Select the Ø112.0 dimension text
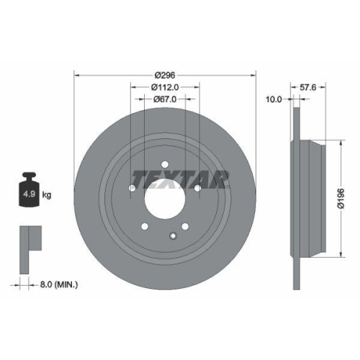[x=166, y=87]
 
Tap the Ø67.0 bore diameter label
[x=166, y=100]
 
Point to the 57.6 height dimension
[x=307, y=88]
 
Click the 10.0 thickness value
[x=274, y=100]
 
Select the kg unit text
[x=47, y=195]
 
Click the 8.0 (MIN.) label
[x=58, y=284]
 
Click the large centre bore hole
[x=165, y=197]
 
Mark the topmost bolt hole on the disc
[x=164, y=163]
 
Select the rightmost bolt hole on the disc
[x=197, y=188]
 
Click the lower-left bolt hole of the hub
[x=145, y=226]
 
